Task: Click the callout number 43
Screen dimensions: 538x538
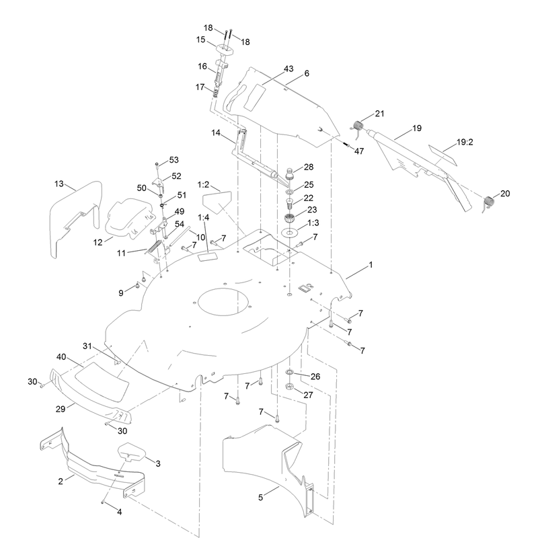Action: point(289,69)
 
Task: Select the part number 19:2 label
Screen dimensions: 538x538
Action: point(465,142)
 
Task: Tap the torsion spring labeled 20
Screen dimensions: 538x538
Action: point(488,203)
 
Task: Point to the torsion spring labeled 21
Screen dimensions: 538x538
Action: point(358,127)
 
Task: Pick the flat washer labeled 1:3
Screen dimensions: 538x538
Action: point(290,233)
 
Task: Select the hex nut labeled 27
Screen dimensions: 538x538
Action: point(289,386)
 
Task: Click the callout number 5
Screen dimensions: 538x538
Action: point(260,497)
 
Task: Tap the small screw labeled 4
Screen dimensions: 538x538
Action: point(102,502)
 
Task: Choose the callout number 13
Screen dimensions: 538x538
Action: point(59,184)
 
